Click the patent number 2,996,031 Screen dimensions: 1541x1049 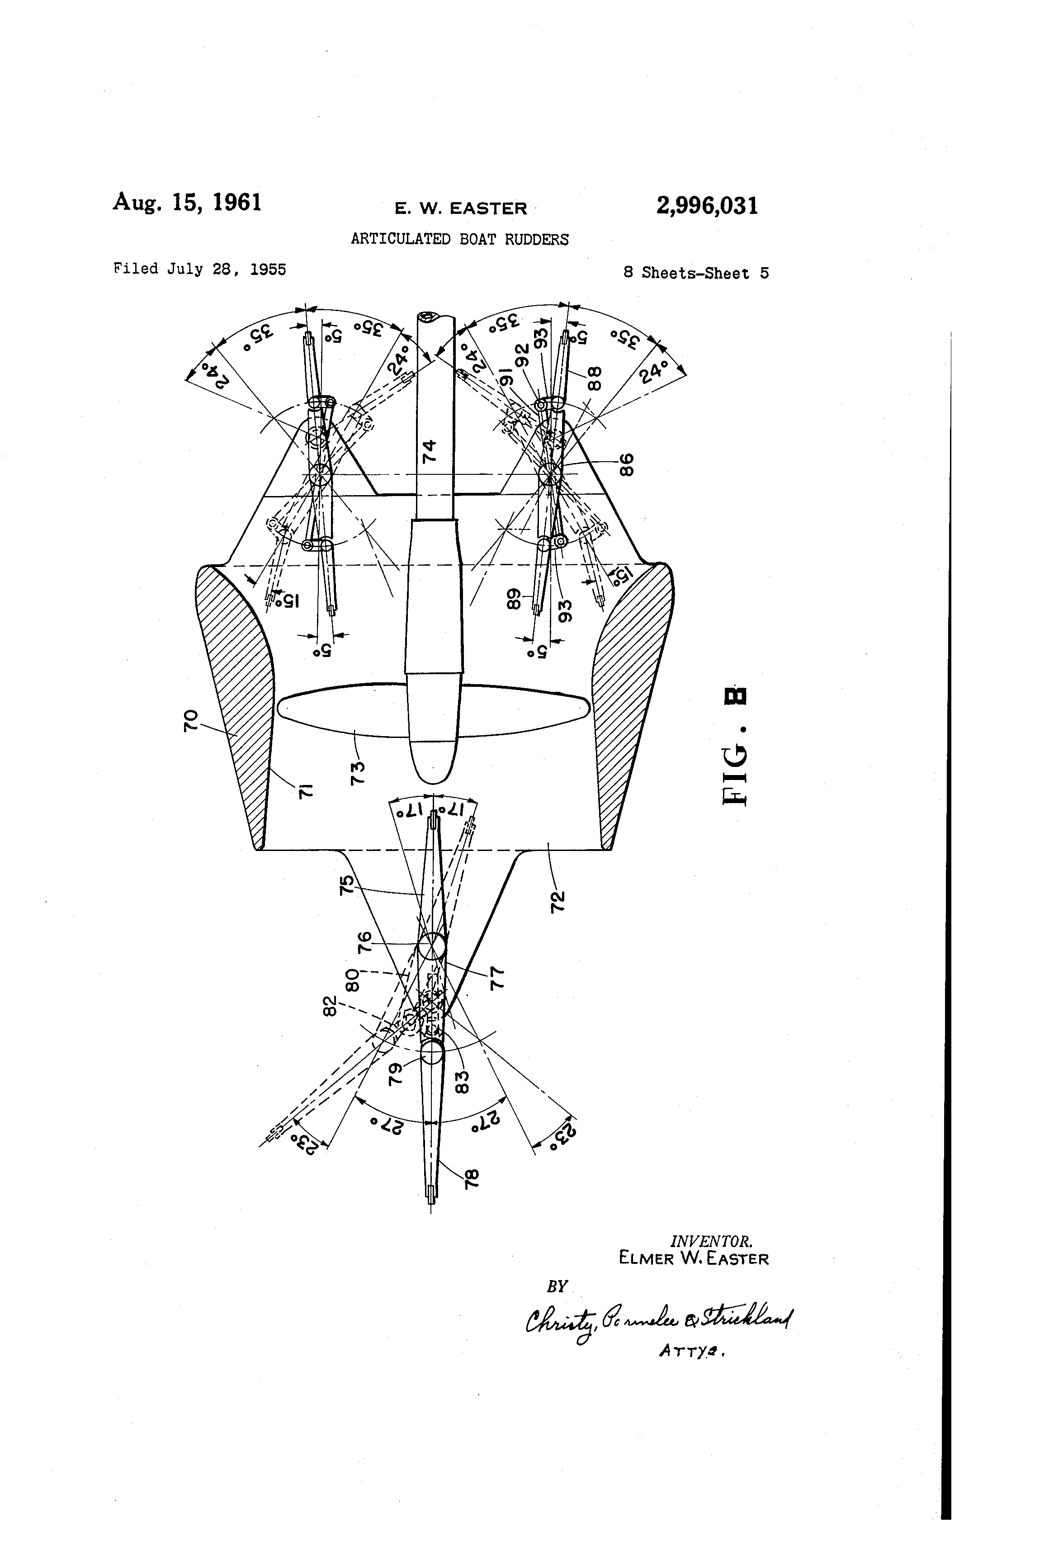[706, 206]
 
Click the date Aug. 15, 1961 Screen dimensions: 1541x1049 [187, 202]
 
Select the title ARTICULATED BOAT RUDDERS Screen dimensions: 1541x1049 [459, 239]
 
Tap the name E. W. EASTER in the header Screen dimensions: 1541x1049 [461, 208]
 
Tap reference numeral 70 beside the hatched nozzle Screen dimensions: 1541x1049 [190, 720]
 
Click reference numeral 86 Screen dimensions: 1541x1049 [626, 464]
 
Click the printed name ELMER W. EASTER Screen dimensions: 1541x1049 [693, 1258]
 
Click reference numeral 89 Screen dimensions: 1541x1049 [515, 598]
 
